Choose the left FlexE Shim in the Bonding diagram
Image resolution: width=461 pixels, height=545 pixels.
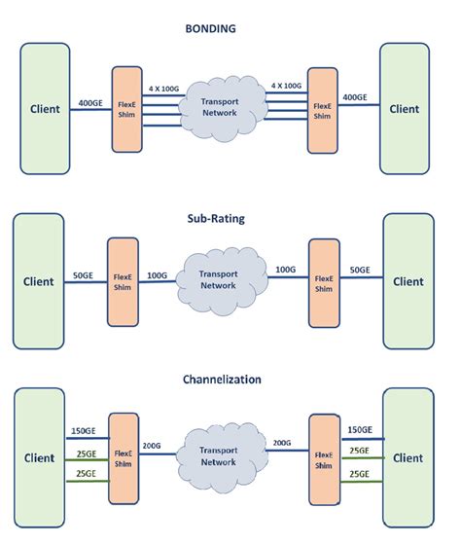pyautogui.click(x=127, y=109)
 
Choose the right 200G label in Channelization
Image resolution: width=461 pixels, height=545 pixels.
pyautogui.click(x=282, y=444)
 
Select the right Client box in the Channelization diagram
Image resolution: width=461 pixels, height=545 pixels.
pyautogui.click(x=408, y=457)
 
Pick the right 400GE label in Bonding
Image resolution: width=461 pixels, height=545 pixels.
pyautogui.click(x=356, y=99)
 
